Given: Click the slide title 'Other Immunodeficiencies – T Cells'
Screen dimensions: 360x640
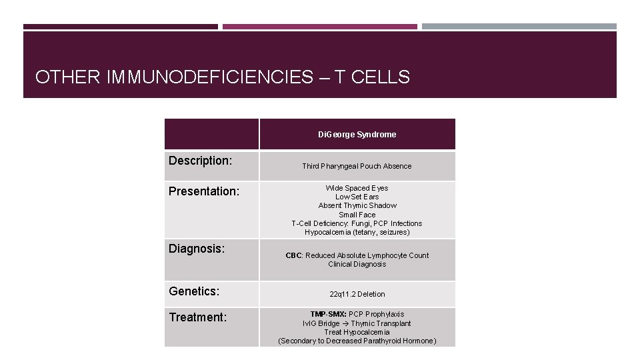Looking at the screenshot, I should (222, 77).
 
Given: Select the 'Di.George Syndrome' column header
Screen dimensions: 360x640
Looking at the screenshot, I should (357, 135).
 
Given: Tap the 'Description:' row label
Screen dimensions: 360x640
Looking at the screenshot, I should (200, 161).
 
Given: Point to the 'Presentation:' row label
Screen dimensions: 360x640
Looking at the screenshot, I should (203, 191).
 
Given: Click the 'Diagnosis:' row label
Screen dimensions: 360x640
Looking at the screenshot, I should (197, 249).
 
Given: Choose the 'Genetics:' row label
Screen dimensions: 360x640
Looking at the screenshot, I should (194, 291).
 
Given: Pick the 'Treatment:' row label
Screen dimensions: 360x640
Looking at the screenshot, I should (198, 317).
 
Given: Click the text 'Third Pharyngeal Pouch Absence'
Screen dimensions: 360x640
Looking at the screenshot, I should (357, 166).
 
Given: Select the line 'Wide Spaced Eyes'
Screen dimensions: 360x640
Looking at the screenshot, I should (357, 188).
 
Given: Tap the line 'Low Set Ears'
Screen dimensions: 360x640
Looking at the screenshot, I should (357, 197).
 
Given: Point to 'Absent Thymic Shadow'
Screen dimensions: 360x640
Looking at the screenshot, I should (357, 205).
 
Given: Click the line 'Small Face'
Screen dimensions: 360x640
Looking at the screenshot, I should (357, 215).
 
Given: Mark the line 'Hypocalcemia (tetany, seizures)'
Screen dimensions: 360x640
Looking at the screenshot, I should (357, 232).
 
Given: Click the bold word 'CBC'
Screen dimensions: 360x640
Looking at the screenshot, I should (293, 255).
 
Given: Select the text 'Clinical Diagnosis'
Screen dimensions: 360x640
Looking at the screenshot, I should (357, 264).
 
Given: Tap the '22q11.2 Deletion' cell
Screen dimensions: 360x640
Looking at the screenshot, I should (357, 294).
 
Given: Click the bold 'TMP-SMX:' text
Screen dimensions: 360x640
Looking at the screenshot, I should (328, 314).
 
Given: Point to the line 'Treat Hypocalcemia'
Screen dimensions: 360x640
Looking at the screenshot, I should (357, 332).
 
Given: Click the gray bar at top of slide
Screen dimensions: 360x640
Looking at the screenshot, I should (519, 27).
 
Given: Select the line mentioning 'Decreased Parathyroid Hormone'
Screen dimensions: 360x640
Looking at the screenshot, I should (357, 341).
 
